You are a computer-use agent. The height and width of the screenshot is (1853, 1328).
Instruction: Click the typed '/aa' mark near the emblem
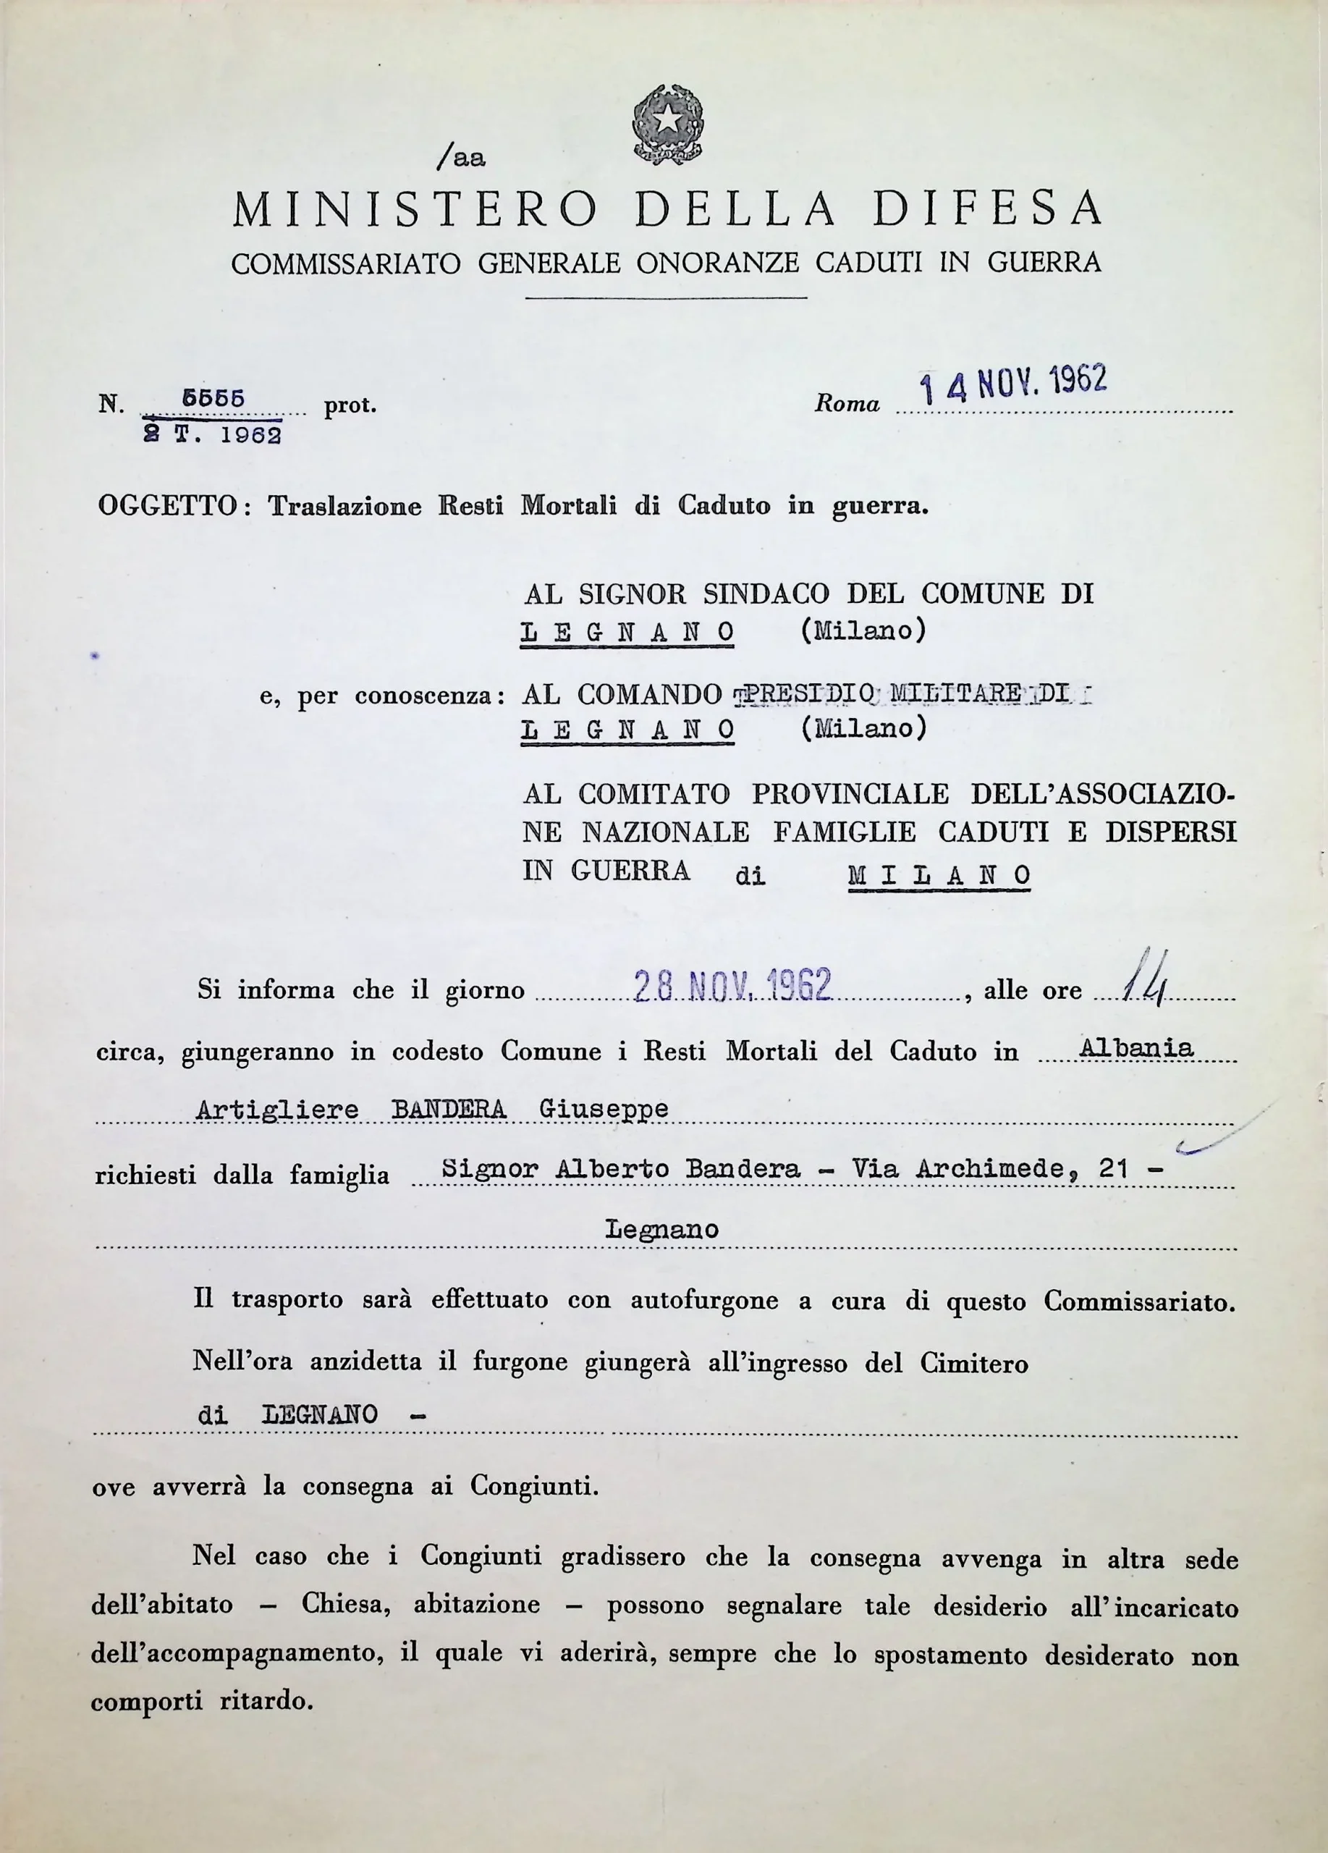coord(462,157)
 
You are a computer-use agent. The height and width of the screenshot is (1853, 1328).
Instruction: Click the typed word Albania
coord(1136,1048)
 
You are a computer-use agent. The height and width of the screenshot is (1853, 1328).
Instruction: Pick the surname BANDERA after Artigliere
coord(449,1110)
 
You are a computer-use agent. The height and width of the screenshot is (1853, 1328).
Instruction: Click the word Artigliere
coord(278,1110)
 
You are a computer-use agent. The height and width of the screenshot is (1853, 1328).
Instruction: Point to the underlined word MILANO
coord(939,875)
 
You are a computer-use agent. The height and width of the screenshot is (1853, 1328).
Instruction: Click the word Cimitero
coord(974,1363)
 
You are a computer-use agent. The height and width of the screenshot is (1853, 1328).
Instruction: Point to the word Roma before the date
coord(847,405)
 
